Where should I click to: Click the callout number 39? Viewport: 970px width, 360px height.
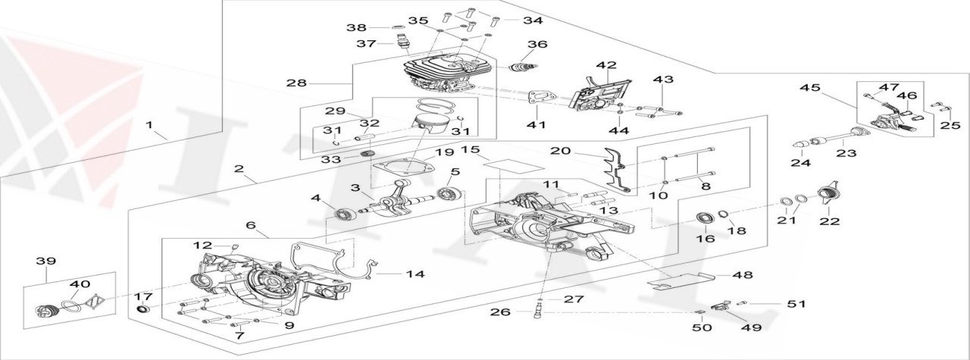click(x=46, y=261)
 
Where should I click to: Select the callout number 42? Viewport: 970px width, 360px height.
click(x=605, y=66)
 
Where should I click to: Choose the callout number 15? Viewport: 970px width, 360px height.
click(x=471, y=150)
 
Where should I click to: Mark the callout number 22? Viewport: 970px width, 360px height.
click(x=830, y=221)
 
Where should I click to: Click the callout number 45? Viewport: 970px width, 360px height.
click(x=809, y=88)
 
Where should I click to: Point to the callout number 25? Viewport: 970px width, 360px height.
click(x=950, y=126)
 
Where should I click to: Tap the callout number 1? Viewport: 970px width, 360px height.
click(x=149, y=124)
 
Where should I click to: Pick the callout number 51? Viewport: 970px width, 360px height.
click(x=796, y=304)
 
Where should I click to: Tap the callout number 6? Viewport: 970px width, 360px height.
click(x=252, y=225)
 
